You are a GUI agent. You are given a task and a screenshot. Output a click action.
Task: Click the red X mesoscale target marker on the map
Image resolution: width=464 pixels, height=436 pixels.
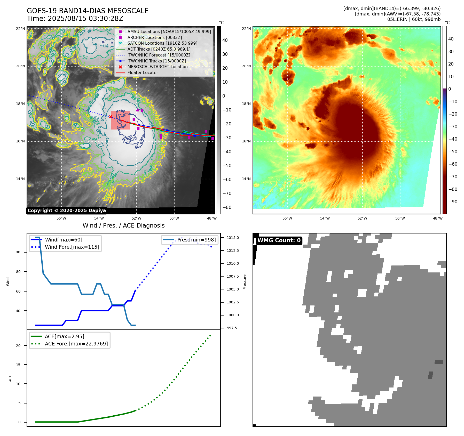coord(111,117)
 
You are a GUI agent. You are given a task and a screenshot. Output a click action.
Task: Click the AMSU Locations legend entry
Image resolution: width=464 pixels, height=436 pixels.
coord(169,32)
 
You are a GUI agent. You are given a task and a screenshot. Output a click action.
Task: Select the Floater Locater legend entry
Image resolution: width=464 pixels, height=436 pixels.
coord(143,73)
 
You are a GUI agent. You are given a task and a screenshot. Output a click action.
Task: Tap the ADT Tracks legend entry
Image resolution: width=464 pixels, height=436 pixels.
coord(159,49)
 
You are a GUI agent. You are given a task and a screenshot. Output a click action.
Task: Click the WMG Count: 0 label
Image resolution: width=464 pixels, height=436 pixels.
coord(279,240)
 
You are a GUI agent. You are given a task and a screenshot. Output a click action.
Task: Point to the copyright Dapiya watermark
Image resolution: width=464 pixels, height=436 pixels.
coord(67,211)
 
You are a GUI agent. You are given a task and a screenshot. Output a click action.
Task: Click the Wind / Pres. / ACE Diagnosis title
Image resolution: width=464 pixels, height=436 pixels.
coord(123,225)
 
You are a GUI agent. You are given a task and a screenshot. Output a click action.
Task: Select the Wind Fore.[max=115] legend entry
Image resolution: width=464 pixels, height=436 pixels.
coord(72,247)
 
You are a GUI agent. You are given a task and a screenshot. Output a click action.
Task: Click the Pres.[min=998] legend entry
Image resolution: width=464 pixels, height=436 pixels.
coord(196,240)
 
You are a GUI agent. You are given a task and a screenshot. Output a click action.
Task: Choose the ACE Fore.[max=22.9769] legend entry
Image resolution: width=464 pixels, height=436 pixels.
coord(76,344)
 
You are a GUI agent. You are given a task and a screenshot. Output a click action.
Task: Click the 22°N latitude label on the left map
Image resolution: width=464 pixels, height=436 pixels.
coord(20,29)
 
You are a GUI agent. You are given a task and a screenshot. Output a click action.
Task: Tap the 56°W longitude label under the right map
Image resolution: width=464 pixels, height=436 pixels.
coord(287,218)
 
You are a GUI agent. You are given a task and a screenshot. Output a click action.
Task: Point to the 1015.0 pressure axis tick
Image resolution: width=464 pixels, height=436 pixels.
coord(233,238)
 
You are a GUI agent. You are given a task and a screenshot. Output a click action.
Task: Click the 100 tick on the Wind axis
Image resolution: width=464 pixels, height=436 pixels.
coord(17,252)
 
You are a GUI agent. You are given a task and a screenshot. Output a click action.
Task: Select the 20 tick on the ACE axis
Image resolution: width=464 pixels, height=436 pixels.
coord(18,346)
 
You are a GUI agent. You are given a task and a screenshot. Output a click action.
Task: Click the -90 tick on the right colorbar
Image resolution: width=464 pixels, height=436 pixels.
coord(453,202)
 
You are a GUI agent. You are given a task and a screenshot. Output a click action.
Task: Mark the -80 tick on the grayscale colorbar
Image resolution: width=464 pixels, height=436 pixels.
coord(227,207)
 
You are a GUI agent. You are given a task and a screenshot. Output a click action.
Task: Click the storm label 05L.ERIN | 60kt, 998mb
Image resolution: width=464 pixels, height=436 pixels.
coord(414,19)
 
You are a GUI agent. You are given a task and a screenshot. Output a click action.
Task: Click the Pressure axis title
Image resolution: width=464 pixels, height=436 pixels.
coord(245,282)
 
